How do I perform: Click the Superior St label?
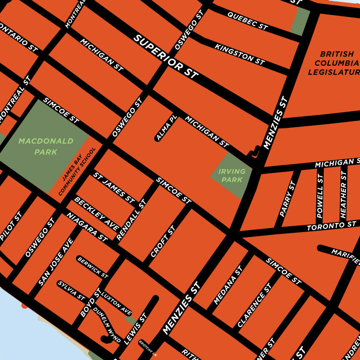(x=166, y=57)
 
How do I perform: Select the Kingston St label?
(x=240, y=54)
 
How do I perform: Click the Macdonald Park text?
(x=46, y=146)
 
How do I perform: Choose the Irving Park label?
(x=232, y=175)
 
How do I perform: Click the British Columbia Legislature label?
(x=334, y=63)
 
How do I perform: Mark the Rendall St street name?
(x=131, y=220)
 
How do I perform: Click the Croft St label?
(x=163, y=241)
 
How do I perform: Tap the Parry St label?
(x=287, y=199)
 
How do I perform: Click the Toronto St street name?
(x=331, y=226)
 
